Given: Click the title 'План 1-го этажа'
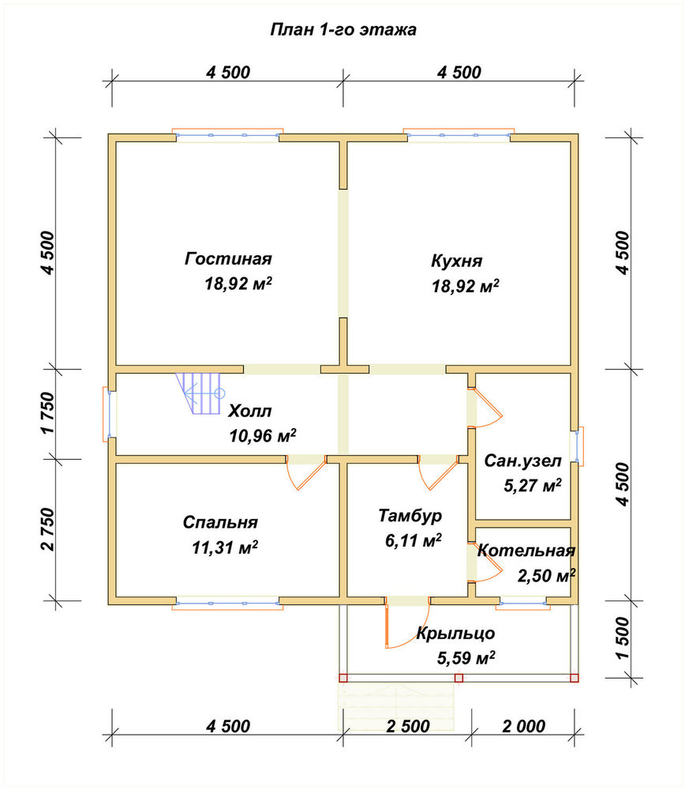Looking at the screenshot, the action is pyautogui.click(x=343, y=30).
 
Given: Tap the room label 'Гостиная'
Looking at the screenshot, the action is pyautogui.click(x=228, y=258).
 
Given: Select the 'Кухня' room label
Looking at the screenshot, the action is pyautogui.click(x=456, y=261).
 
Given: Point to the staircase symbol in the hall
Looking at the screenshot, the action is pyautogui.click(x=200, y=393).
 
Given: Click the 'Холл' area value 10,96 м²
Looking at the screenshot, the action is pyautogui.click(x=262, y=435).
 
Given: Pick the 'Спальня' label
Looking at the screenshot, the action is pyautogui.click(x=220, y=522).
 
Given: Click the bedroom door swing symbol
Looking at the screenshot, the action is pyautogui.click(x=305, y=473).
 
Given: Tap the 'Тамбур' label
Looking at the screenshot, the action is pyautogui.click(x=410, y=515).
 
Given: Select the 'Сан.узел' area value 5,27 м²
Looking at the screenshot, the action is pyautogui.click(x=533, y=485).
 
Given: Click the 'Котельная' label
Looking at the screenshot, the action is pyautogui.click(x=526, y=550).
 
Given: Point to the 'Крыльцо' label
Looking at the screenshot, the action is pyautogui.click(x=455, y=633).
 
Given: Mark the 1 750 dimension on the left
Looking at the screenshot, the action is pyautogui.click(x=47, y=413).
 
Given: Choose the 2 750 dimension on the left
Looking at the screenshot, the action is pyautogui.click(x=47, y=529).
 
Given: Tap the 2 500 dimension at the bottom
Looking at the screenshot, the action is pyautogui.click(x=408, y=726).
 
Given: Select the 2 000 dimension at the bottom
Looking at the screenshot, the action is pyautogui.click(x=523, y=726).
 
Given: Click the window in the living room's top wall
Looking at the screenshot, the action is pyautogui.click(x=227, y=134).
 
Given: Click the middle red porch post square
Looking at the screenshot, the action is pyautogui.click(x=459, y=678).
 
